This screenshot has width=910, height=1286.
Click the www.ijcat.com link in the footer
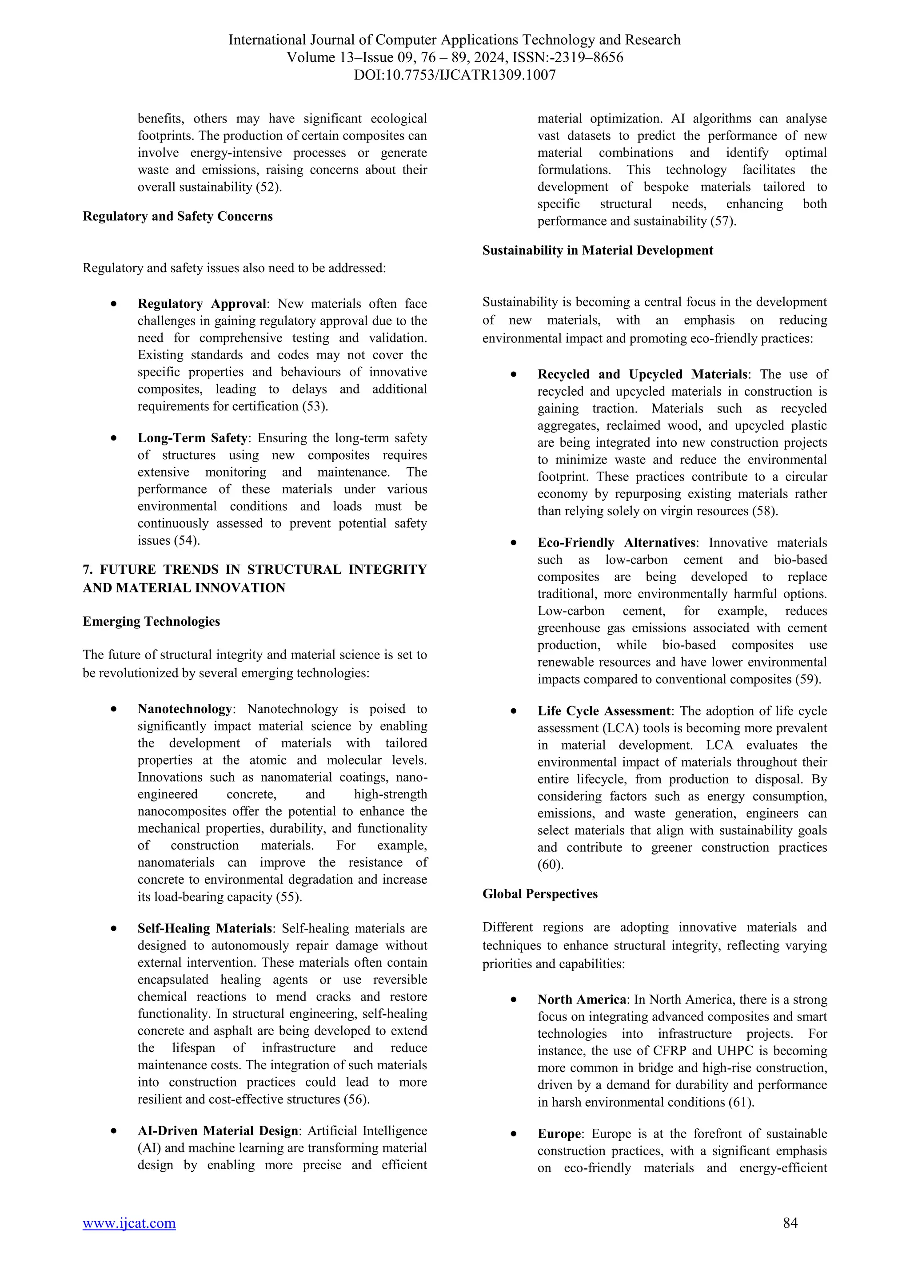coord(129,1223)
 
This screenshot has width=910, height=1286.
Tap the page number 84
coord(790,1223)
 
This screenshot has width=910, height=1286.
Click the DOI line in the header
coord(455,75)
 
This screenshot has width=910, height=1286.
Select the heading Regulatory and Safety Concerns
coord(178,217)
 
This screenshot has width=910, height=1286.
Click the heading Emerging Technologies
coord(151,622)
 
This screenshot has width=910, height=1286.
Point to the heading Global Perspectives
coord(540,894)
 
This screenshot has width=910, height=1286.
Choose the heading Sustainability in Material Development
coord(597,251)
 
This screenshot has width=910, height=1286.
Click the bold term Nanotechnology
coord(184,709)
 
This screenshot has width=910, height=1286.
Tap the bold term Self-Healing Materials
coord(204,929)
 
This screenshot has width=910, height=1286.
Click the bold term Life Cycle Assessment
coord(603,711)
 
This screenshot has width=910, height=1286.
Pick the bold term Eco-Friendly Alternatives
coord(616,543)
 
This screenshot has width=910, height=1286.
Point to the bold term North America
coord(582,1000)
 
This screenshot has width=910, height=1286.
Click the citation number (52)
coord(268,187)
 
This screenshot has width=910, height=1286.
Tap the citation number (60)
coord(550,865)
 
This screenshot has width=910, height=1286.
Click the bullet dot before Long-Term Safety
coord(114,439)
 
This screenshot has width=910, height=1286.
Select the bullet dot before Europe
coord(514,1134)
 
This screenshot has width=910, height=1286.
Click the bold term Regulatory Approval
coord(202,304)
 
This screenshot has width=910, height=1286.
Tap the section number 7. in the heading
coord(88,570)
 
